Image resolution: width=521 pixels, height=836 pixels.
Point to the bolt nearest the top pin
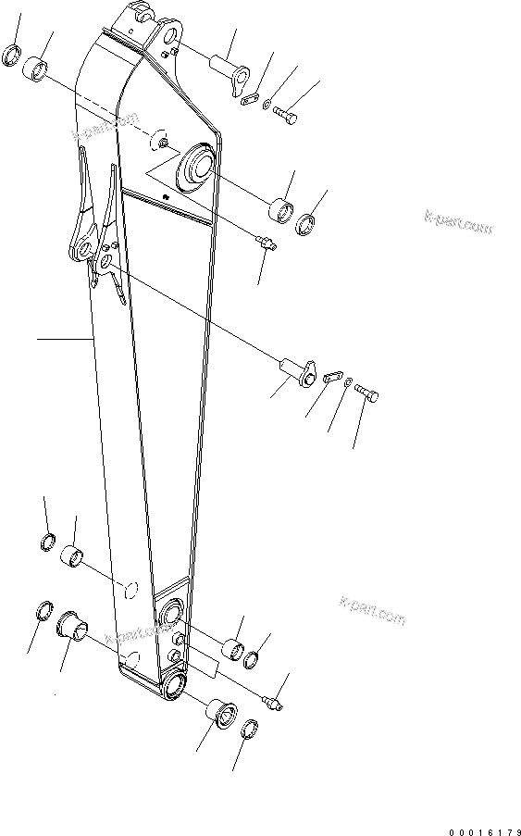pos(286,115)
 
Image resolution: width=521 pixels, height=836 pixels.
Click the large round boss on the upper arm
pos(197,166)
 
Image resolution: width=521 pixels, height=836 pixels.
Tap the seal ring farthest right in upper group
pos(305,225)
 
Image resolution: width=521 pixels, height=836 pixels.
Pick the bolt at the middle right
pos(366,394)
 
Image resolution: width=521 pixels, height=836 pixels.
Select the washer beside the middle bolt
pos(346,384)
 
